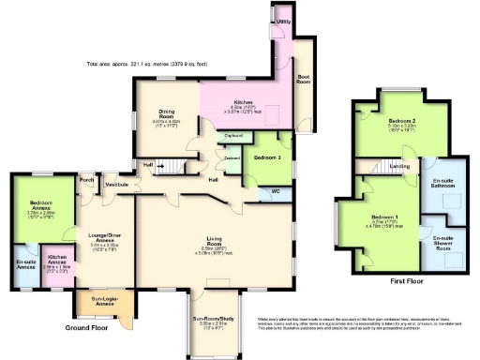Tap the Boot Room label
(x=305, y=80)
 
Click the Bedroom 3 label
(x=266, y=157)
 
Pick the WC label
(x=276, y=192)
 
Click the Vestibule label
(x=117, y=184)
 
